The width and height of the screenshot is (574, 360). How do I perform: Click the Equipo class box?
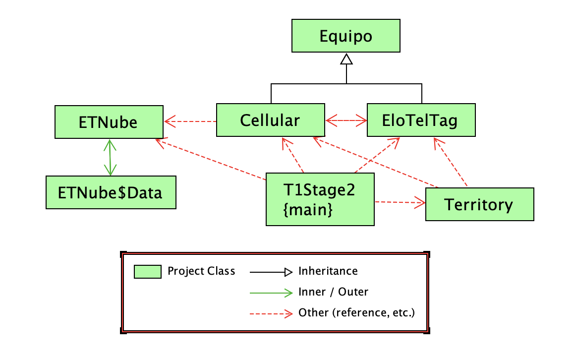coord(346,36)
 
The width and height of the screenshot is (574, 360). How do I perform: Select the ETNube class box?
coord(109,121)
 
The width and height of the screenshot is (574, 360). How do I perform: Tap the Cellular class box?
coord(271,120)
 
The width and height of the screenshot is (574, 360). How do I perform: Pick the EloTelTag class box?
coord(421,120)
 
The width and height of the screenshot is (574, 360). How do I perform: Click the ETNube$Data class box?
coord(111,192)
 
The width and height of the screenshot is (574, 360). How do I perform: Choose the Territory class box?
coord(479,204)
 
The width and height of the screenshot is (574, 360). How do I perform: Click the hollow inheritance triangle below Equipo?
coord(346,60)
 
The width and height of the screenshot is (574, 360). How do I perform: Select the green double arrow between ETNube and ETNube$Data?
coord(110,157)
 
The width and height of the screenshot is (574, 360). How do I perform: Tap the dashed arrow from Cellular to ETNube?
coord(190,120)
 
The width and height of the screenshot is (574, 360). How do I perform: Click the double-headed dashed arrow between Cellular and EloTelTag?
coord(346,120)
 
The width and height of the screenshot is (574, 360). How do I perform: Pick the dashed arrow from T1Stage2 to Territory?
coord(400,202)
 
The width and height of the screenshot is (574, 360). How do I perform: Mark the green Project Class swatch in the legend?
coord(148,272)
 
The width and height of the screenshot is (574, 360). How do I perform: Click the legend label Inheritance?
coord(328,271)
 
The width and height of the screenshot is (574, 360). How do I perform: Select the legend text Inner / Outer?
coord(333,292)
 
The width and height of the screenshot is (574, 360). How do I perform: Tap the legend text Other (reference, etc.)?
coord(356,313)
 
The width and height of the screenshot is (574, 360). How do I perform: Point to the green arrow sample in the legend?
coord(272,293)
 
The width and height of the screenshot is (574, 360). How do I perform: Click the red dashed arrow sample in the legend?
coord(272,313)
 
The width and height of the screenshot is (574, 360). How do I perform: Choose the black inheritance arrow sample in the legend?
coord(272,272)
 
